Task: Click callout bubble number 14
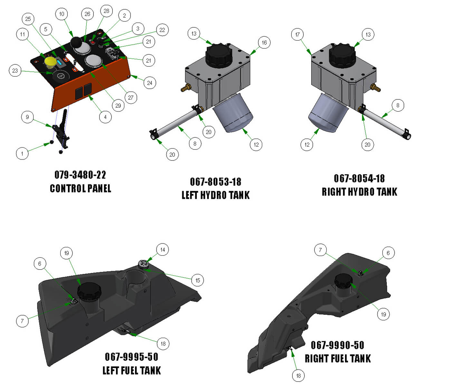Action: pyautogui.click(x=162, y=250)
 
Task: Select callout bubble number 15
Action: pyautogui.click(x=197, y=280)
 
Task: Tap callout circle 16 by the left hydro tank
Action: pyautogui.click(x=264, y=42)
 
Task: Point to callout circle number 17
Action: pyautogui.click(x=297, y=34)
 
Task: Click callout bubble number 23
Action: pyautogui.click(x=15, y=70)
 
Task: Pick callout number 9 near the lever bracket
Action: pyautogui.click(x=27, y=117)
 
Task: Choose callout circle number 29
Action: pyautogui.click(x=118, y=106)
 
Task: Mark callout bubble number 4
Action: pyautogui.click(x=105, y=117)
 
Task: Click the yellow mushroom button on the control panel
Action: pyautogui.click(x=50, y=62)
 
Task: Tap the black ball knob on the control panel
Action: pyautogui.click(x=77, y=42)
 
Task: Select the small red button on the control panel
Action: pyautogui.click(x=93, y=42)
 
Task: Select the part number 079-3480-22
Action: pyautogui.click(x=80, y=175)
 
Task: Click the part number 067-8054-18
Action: pyautogui.click(x=359, y=178)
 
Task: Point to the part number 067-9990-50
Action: pyautogui.click(x=337, y=345)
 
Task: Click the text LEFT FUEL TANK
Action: pyautogui.click(x=131, y=370)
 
